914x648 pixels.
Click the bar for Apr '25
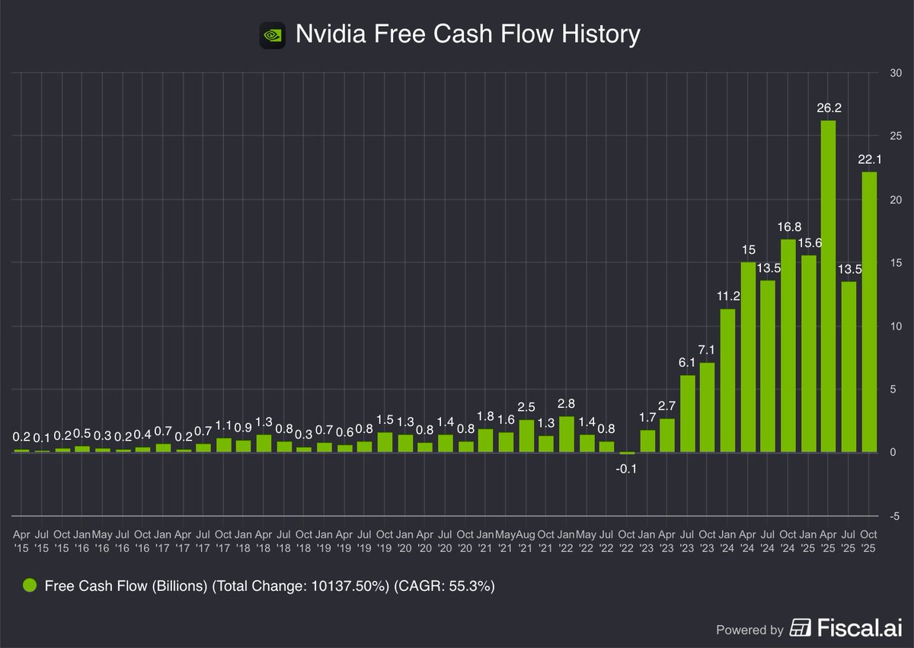point(828,286)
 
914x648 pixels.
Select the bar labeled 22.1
point(868,312)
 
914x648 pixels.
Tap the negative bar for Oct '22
point(626,453)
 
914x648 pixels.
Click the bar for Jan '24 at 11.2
point(727,380)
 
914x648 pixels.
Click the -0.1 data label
point(626,469)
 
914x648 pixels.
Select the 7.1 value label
point(708,349)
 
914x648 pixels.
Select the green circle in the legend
point(30,585)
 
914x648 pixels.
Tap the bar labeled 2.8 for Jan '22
point(566,434)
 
